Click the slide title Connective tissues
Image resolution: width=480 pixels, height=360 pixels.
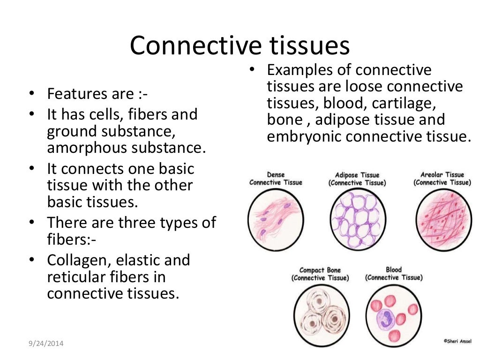pos(240,46)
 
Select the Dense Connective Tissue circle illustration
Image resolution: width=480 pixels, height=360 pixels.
pos(276,219)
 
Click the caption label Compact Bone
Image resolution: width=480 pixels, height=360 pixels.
pos(320,270)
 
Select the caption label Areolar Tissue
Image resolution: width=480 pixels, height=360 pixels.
pos(442,175)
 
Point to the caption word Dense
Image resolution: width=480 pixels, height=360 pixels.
pos(276,174)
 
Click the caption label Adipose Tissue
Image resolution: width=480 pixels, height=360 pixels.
pos(357,175)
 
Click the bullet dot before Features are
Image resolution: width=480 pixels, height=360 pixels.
pos(31,94)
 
